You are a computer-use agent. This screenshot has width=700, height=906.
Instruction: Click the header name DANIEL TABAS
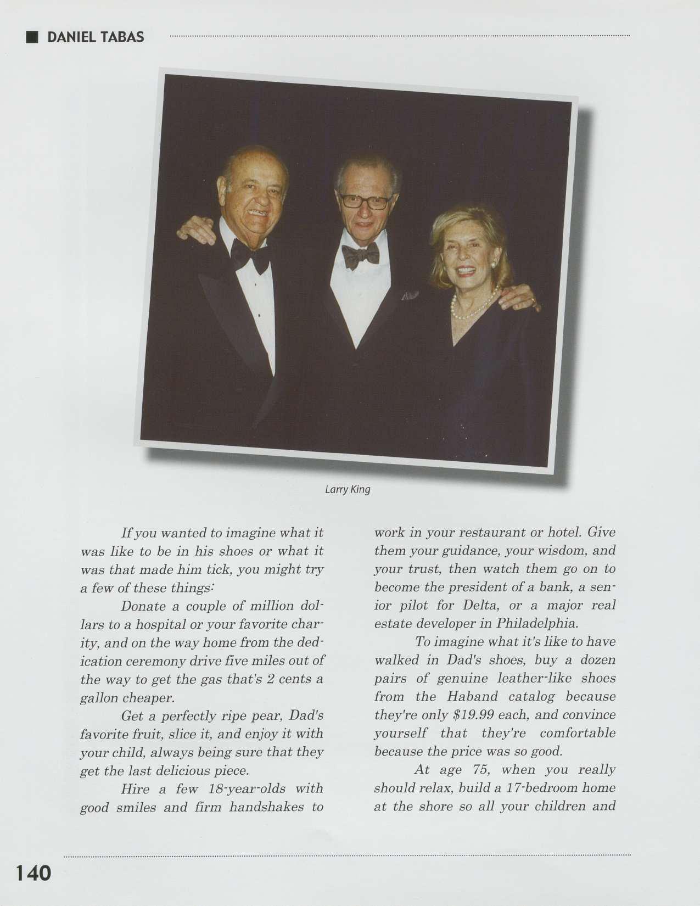point(96,37)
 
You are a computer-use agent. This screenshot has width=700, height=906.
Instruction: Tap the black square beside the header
point(32,37)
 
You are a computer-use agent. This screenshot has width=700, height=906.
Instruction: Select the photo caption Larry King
point(348,489)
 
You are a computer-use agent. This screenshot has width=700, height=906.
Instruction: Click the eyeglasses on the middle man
point(365,201)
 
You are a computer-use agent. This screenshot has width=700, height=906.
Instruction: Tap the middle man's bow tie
point(360,254)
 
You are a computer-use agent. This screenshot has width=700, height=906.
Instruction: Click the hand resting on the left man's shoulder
point(196,230)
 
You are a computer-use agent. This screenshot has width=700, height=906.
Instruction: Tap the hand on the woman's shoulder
point(519,298)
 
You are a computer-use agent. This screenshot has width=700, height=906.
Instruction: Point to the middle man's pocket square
point(410,295)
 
